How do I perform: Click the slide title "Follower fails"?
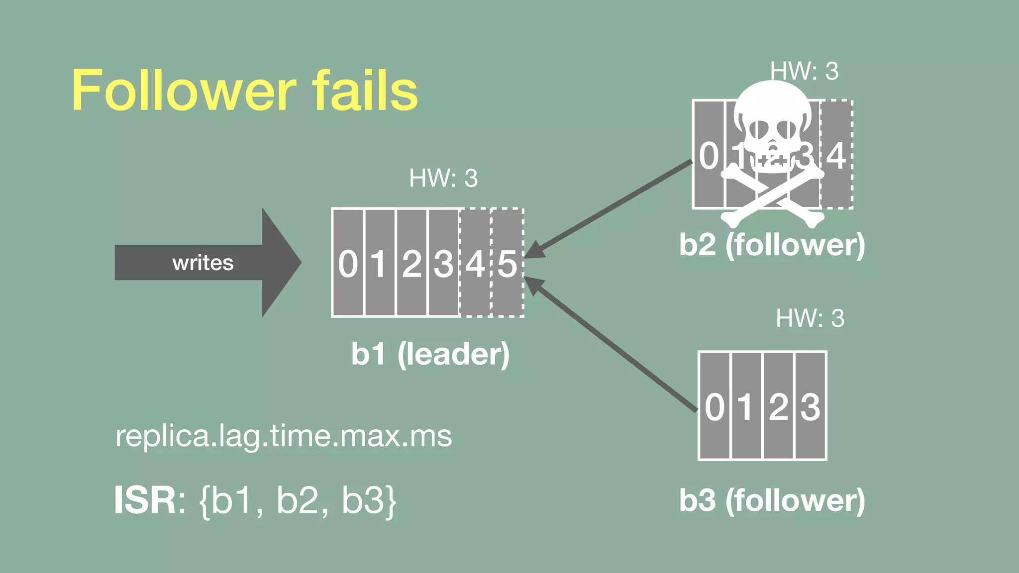[x=245, y=91]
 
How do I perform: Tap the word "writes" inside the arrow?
[x=203, y=263]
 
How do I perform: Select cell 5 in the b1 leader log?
[x=507, y=263]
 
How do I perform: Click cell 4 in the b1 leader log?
[x=475, y=263]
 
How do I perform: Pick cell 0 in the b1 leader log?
[x=348, y=263]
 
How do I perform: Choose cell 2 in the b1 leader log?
[x=411, y=263]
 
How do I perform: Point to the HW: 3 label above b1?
[x=443, y=178]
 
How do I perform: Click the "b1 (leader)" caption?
[x=430, y=354]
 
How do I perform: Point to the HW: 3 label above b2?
[x=804, y=71]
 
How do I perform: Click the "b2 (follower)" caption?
[x=772, y=245]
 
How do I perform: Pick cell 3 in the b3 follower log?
[x=811, y=406]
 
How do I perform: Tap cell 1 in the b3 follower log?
[x=746, y=406]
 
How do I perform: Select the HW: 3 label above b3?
[x=810, y=318]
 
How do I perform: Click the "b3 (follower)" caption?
[x=772, y=500]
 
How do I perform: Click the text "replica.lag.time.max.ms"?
[x=284, y=436]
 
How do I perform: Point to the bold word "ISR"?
[x=145, y=500]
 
